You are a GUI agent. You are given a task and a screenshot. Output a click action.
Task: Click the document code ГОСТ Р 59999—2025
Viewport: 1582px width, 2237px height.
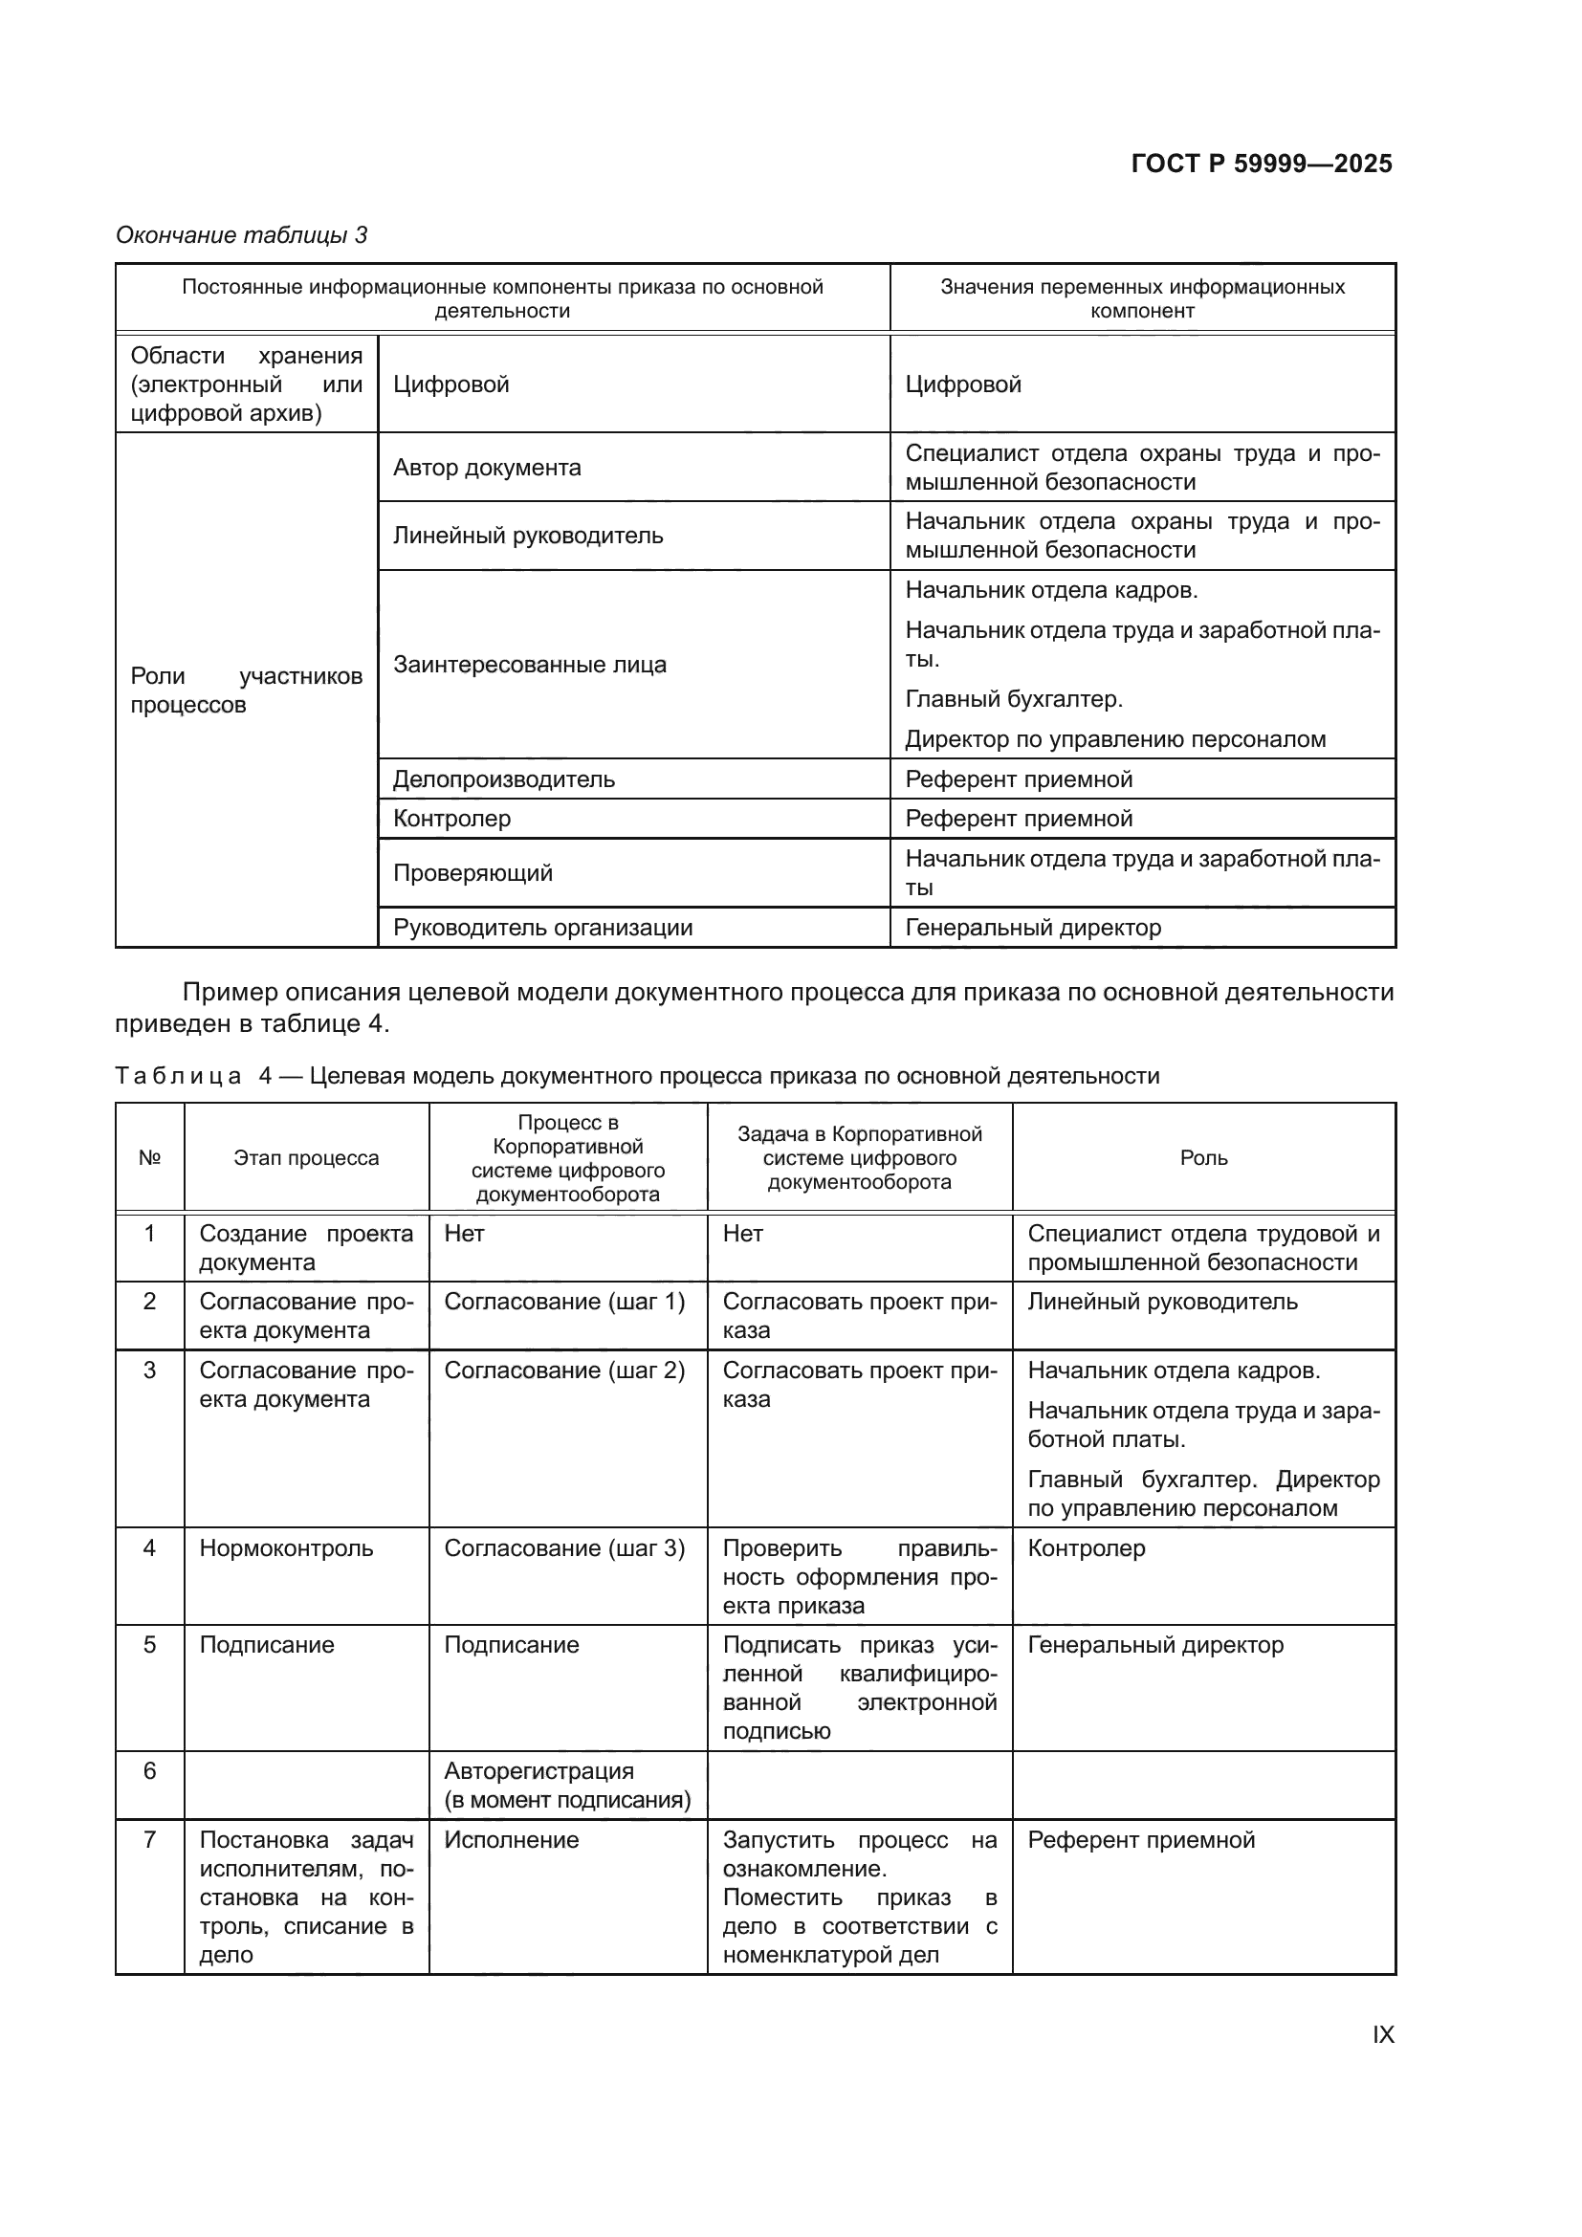[1262, 164]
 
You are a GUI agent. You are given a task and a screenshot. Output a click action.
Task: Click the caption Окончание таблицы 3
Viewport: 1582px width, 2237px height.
[242, 235]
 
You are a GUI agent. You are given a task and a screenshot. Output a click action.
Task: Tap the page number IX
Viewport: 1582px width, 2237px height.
[1383, 2035]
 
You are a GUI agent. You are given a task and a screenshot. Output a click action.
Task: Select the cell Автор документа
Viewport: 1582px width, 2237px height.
[487, 468]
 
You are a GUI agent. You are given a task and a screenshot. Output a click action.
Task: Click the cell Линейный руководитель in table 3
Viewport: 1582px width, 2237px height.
[528, 536]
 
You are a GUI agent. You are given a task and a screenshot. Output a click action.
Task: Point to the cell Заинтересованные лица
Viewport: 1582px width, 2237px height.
[530, 665]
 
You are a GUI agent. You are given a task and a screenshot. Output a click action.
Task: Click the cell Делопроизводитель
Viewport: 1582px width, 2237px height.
[504, 779]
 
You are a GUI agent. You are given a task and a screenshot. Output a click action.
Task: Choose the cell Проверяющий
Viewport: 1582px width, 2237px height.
[472, 873]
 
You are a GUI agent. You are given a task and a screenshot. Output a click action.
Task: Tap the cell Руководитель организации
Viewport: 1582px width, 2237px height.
[542, 928]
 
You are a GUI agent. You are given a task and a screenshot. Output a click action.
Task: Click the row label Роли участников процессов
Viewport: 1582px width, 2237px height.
[246, 690]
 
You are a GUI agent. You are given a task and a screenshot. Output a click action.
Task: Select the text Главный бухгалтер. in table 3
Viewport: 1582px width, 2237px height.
[1014, 699]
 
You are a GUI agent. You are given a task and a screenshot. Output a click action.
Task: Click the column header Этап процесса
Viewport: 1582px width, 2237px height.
[306, 1158]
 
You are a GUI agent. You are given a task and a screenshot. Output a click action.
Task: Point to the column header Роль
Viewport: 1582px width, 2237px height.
[1204, 1158]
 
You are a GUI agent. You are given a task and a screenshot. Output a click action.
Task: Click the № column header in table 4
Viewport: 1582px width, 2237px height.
[149, 1158]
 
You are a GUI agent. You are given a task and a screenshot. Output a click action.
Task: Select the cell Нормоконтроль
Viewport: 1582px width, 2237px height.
[286, 1548]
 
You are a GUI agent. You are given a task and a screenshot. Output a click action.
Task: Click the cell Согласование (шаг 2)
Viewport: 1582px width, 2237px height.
[564, 1371]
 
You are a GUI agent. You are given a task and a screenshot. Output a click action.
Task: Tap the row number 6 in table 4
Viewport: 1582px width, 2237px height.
[149, 1770]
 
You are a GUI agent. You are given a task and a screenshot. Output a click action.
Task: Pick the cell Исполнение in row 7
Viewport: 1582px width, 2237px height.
[512, 1839]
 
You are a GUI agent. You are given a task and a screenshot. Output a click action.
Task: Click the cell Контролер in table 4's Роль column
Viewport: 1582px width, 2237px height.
[1087, 1548]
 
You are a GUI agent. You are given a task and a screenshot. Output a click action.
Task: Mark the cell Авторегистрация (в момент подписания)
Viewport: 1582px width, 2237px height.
[567, 1785]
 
